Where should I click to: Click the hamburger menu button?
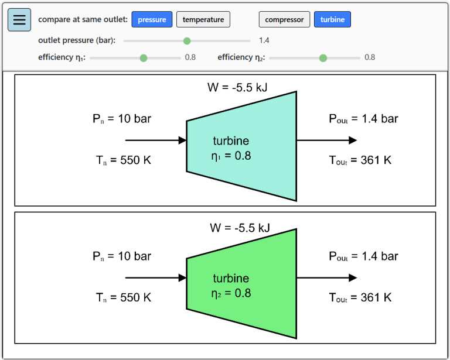[x=19, y=20]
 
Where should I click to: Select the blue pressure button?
[x=152, y=20]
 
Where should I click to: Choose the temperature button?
[x=203, y=20]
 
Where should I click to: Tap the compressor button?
[x=284, y=20]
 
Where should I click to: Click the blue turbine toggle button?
[x=332, y=20]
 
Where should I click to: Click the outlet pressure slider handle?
[x=187, y=41]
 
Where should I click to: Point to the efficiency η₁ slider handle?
[x=144, y=58]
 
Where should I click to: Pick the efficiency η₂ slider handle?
[x=323, y=58]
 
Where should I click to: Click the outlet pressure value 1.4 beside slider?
[x=264, y=41]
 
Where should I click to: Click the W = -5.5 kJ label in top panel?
[x=238, y=88]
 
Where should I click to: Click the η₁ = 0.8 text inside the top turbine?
[x=231, y=156]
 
